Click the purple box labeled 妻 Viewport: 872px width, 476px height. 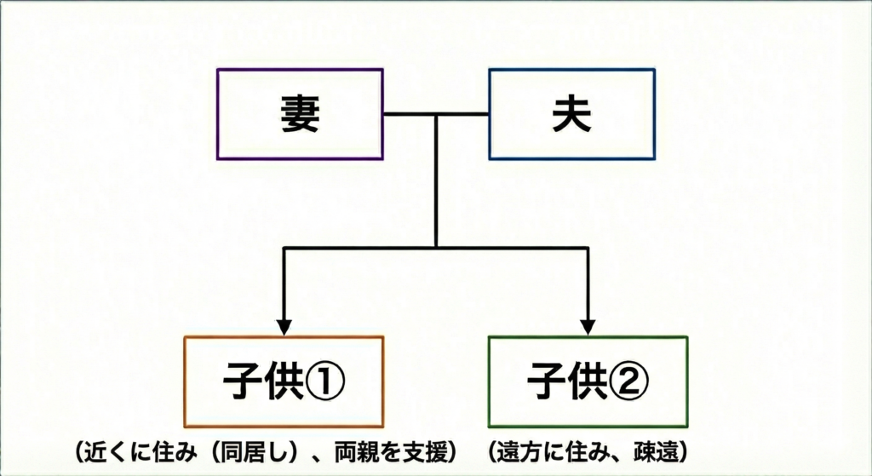(x=300, y=114)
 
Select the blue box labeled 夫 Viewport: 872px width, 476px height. (x=571, y=114)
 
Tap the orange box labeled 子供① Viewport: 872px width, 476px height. (x=284, y=381)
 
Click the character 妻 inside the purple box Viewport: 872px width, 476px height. (x=300, y=115)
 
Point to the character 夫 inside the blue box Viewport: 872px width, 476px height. (x=571, y=115)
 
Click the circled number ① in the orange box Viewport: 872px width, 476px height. (x=324, y=381)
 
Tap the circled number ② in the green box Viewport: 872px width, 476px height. (x=628, y=381)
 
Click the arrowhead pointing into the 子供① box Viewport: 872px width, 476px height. (x=284, y=326)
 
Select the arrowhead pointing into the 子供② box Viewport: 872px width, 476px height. (x=588, y=326)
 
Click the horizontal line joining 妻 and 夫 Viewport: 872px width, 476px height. (x=436, y=114)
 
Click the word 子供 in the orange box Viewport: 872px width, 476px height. (x=263, y=381)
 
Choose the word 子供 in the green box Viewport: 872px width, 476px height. (x=567, y=381)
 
